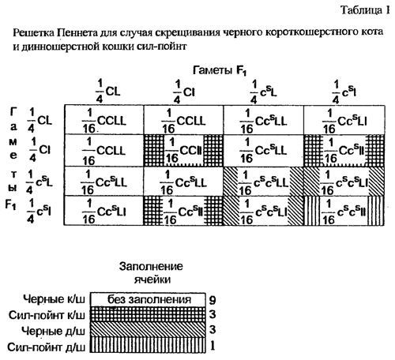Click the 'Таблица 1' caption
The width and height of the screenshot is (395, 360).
tap(364, 10)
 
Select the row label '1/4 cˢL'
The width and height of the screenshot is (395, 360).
tap(39, 178)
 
